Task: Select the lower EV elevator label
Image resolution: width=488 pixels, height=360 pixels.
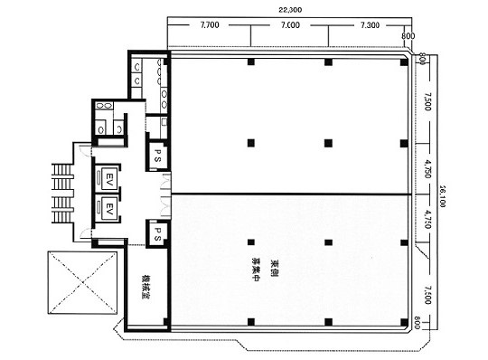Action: (109, 209)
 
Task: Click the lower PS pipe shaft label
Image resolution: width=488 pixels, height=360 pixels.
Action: (157, 232)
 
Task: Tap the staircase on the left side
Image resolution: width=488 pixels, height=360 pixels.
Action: (61, 196)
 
